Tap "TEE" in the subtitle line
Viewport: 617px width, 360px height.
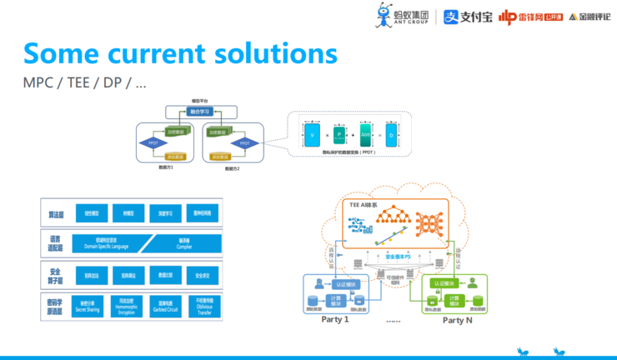pyautogui.click(x=78, y=83)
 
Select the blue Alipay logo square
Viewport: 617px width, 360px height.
pyautogui.click(x=450, y=17)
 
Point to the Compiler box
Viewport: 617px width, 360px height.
pyautogui.click(x=184, y=242)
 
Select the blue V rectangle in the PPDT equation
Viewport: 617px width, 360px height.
pyautogui.click(x=312, y=134)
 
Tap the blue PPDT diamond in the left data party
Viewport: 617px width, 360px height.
pyautogui.click(x=153, y=143)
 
